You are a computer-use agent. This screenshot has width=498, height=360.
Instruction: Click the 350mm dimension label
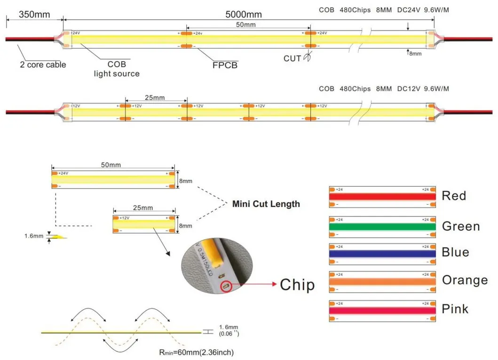[x=34, y=14]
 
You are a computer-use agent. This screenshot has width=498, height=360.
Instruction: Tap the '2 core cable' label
[x=43, y=64]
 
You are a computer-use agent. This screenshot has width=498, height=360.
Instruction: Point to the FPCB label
[x=225, y=65]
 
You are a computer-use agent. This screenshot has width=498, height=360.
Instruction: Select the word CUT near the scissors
[x=292, y=58]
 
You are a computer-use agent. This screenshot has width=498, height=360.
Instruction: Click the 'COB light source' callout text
[x=117, y=69]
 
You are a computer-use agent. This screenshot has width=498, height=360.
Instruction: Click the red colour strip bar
[x=382, y=197]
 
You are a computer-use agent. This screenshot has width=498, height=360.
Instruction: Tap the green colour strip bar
[x=382, y=226]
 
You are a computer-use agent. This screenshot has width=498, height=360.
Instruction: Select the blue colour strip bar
[x=382, y=253]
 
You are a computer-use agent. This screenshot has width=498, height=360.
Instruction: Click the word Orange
[x=465, y=280]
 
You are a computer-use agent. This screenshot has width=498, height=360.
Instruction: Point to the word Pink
[x=455, y=309]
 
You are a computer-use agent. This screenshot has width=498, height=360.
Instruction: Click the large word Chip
[x=297, y=284]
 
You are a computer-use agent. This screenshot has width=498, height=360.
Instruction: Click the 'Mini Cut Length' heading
[x=266, y=204]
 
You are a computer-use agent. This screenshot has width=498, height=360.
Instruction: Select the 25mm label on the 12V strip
[x=155, y=97]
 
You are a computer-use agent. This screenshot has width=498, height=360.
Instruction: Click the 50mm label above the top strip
[x=245, y=24]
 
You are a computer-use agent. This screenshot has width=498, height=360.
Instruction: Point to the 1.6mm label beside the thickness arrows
[x=34, y=237]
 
